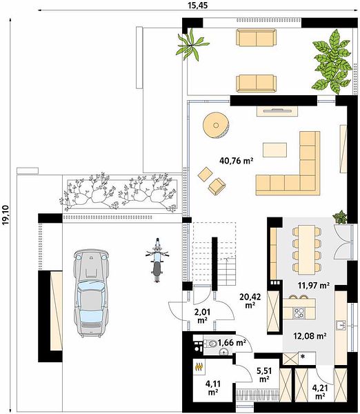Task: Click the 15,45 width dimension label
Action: tap(198, 5)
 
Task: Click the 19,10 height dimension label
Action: tap(6, 215)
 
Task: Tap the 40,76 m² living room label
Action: tap(237, 160)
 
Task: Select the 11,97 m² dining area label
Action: tap(314, 286)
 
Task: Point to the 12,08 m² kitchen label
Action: tap(310, 336)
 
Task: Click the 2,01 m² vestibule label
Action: tap(203, 316)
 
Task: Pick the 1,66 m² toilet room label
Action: tap(232, 343)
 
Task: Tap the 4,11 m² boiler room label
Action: tap(213, 388)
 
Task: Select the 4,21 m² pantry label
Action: tap(320, 392)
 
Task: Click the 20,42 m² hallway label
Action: tap(250, 301)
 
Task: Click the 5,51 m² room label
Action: tap(264, 375)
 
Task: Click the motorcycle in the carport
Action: tap(157, 260)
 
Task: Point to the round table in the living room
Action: tap(216, 125)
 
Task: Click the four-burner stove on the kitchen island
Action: tap(299, 313)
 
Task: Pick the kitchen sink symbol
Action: tap(341, 326)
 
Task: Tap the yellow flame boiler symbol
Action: tap(199, 367)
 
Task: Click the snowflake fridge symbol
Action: tap(303, 357)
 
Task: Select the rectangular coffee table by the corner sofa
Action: tap(274, 150)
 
